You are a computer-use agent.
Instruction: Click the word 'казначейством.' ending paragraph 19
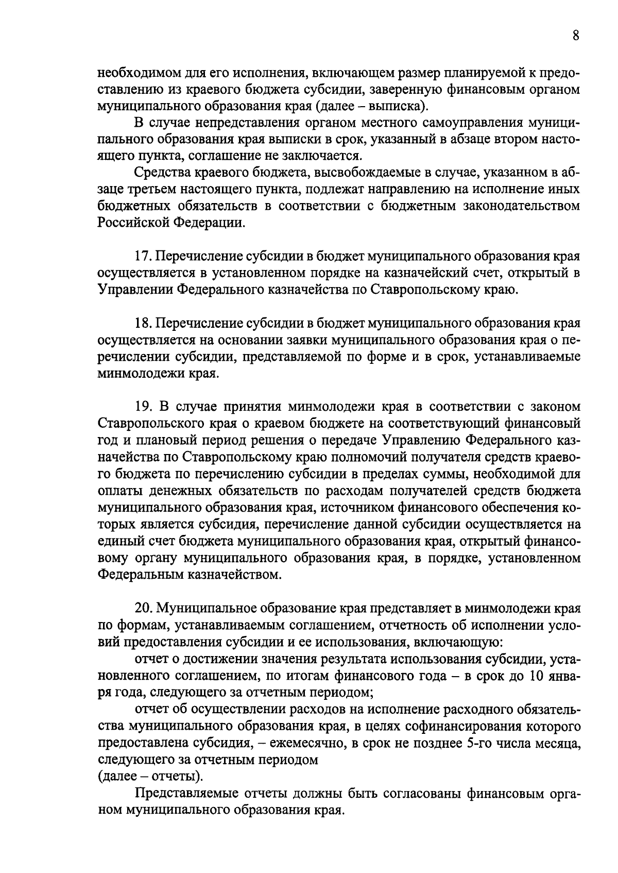click(x=236, y=575)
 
